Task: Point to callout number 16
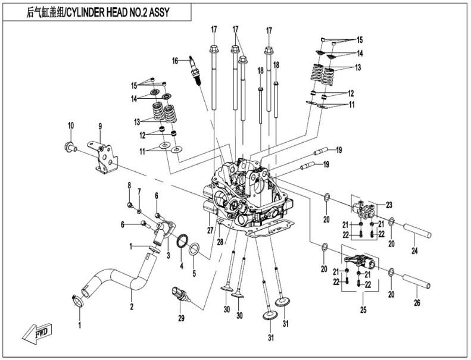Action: pos(176,61)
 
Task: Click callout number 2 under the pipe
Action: pos(132,307)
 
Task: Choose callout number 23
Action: pos(389,205)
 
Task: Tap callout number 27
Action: pos(210,230)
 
